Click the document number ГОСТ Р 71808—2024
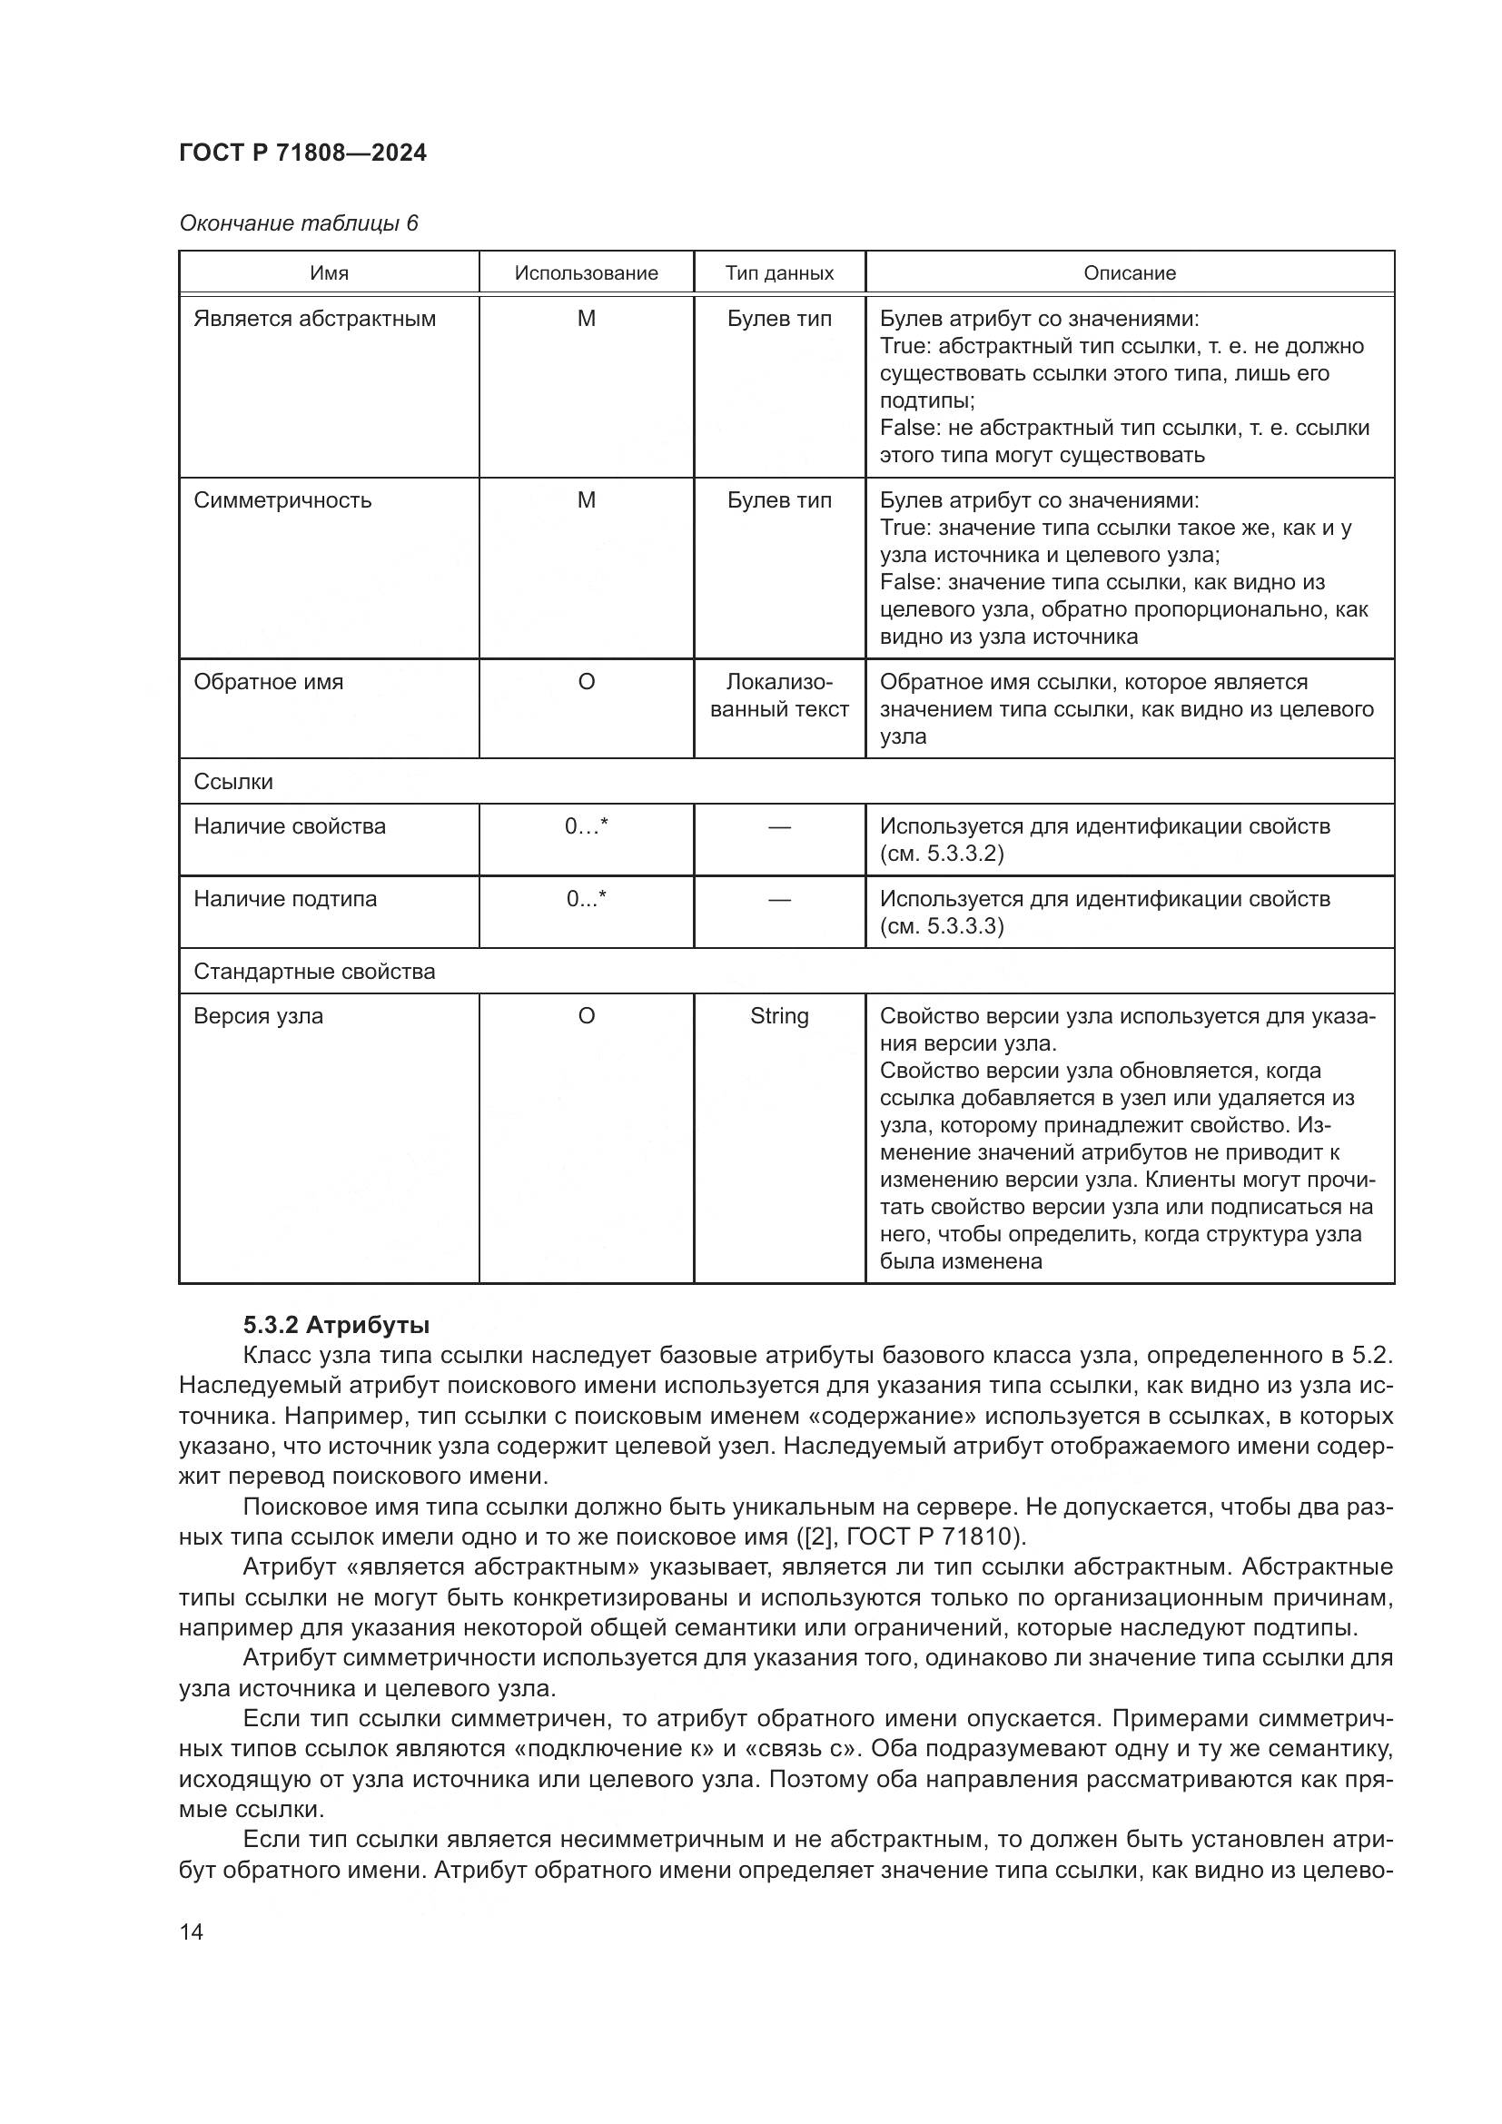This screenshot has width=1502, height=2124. (302, 153)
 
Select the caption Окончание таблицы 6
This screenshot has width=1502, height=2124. (298, 223)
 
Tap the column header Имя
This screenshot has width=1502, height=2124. (329, 273)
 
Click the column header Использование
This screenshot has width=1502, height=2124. (586, 273)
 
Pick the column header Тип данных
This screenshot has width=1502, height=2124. (779, 273)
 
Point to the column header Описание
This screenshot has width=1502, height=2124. (1130, 273)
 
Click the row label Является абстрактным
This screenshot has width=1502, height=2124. (314, 319)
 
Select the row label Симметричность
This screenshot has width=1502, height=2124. (282, 500)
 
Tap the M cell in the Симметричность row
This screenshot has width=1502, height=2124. (586, 500)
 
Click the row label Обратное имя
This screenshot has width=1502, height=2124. (268, 682)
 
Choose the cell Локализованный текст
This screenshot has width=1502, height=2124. (779, 696)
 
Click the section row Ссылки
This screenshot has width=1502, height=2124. (233, 782)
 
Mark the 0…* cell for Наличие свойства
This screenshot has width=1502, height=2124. (586, 826)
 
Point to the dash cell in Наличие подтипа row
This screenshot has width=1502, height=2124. (779, 899)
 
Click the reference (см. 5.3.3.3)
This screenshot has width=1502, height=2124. (941, 926)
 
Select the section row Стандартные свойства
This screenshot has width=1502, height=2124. (313, 972)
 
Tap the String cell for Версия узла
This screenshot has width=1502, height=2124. (779, 1016)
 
